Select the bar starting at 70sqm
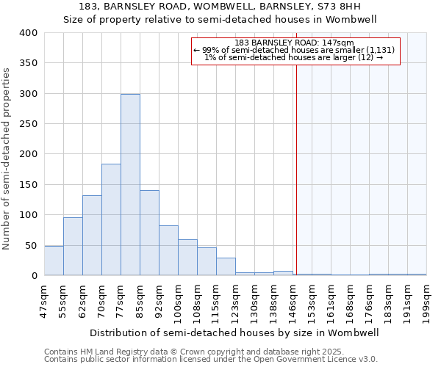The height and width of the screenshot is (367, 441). point(111,219)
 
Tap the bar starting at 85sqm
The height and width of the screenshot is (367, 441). point(149,233)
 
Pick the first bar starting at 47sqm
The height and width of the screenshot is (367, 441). point(54,261)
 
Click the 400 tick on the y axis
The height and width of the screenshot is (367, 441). point(28,33)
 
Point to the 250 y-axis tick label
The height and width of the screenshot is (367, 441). point(28,124)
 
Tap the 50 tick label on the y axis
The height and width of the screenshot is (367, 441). point(31,245)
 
